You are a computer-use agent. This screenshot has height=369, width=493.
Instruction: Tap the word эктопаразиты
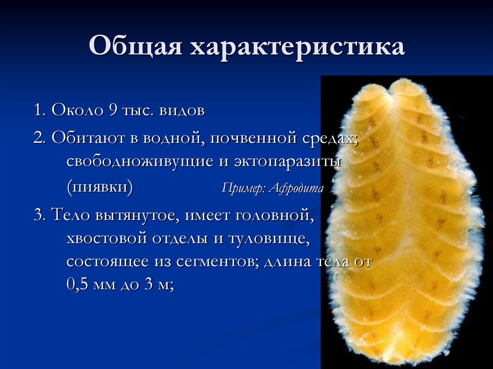288,162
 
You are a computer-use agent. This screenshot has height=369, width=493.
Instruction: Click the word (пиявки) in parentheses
100,186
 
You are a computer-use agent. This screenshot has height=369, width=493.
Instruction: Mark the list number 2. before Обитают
39,139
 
